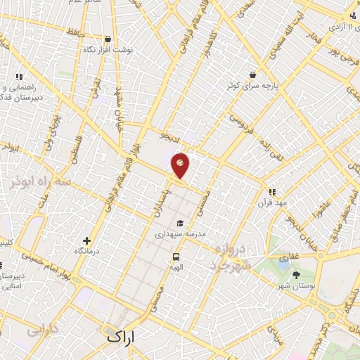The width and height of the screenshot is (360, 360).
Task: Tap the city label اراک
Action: point(124,336)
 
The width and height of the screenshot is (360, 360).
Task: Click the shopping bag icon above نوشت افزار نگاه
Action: point(107,39)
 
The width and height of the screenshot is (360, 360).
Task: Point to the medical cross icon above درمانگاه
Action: point(86,240)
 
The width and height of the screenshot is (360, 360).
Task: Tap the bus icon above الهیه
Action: point(175,257)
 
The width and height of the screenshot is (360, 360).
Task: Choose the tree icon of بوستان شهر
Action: point(296,274)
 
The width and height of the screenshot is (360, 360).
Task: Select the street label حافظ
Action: point(72,33)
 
